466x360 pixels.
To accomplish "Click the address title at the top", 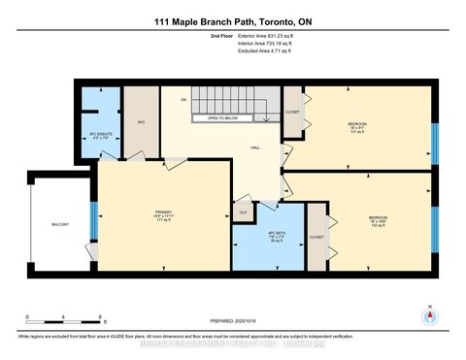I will tap(233, 21).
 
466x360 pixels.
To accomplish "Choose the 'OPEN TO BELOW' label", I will tap(216, 118).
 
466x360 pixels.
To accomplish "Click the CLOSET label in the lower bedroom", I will tap(316, 237).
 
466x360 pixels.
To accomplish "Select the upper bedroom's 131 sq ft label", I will tap(357, 134).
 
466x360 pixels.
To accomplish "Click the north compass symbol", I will tap(428, 315).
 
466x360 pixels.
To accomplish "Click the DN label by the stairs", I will tap(182, 100).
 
